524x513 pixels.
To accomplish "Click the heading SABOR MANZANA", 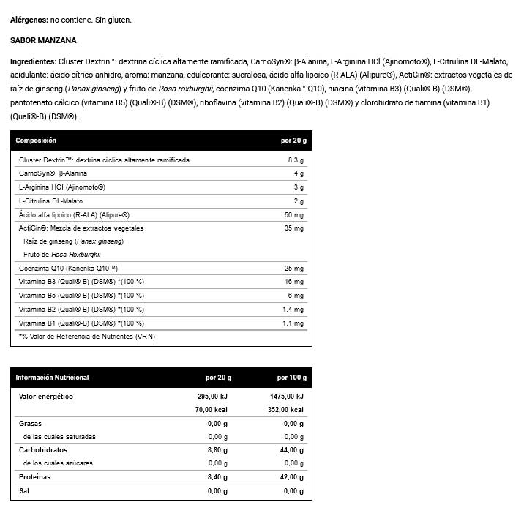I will pos(43,41).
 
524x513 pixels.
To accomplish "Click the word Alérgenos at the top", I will pos(29,20).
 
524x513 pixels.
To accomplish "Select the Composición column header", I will pos(36,141).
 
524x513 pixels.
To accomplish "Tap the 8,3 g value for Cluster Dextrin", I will pos(296,160).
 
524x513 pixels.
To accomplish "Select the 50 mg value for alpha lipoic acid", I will pos(294,214).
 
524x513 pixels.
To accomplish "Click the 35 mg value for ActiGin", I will pos(294,228).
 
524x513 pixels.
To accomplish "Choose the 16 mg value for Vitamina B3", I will pos(294,282).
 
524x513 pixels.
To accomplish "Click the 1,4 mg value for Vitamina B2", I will pos(293,309).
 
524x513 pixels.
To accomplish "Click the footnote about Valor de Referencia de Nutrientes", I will pos(87,337).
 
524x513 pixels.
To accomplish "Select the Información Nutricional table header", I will pos(52,378).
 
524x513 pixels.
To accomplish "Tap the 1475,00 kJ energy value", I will pos(286,397).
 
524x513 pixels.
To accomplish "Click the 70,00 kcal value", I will pos(213,410).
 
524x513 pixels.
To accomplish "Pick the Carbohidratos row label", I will pos(42,450).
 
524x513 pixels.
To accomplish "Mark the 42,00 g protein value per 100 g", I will pos(288,477).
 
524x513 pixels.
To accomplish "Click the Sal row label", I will pos(24,490).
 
